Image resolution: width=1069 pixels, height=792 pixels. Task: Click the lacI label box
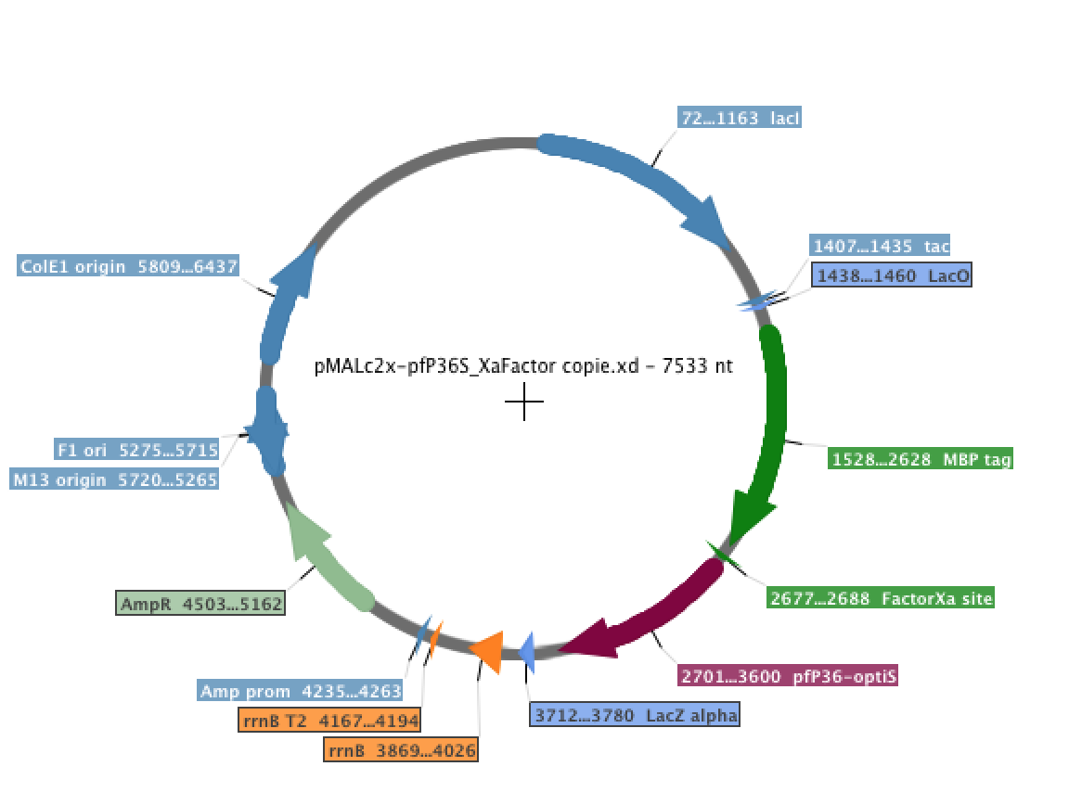click(740, 118)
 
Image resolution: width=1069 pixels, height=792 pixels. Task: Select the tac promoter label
click(880, 246)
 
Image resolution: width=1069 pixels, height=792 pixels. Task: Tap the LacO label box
click(892, 275)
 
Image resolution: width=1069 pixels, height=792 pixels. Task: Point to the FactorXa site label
click(881, 598)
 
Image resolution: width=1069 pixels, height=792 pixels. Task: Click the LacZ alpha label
click(636, 715)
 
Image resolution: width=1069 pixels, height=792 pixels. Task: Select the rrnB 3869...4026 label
click(402, 749)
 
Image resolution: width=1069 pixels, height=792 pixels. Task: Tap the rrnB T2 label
click(329, 721)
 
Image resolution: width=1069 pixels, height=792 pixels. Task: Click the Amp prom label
click(301, 691)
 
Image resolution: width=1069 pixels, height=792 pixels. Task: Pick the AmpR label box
click(200, 605)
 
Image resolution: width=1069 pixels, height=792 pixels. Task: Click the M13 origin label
click(115, 479)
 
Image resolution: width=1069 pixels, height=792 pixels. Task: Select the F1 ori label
click(136, 451)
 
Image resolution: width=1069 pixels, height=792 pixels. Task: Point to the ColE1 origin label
click(128, 267)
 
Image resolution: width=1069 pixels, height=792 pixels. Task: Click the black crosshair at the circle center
click(524, 402)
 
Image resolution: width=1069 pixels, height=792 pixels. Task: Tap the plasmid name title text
click(523, 365)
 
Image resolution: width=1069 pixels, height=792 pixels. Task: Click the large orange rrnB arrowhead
click(487, 648)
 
